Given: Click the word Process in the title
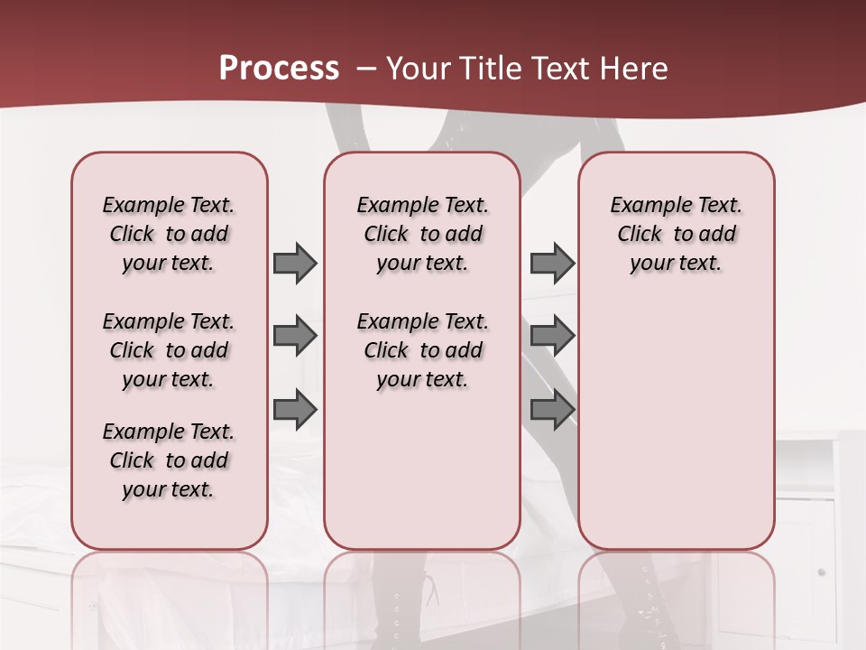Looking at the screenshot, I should point(279,69).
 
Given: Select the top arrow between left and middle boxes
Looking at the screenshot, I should point(295,263).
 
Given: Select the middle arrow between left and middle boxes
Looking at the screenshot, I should point(295,336).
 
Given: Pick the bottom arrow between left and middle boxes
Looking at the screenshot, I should point(295,410).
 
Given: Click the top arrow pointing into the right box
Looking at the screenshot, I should point(552,263).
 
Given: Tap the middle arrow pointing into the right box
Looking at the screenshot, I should point(552,336).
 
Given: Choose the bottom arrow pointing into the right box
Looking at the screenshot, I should point(552,410).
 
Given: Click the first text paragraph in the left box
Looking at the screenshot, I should point(169,234).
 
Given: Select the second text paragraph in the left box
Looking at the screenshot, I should point(169,350).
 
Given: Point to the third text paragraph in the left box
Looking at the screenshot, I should point(169,460).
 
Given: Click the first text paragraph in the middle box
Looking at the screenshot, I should point(422,234).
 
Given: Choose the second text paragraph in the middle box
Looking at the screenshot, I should point(422,350).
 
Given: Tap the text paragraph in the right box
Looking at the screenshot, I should point(676,234).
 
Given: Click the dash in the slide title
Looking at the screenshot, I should point(366,69).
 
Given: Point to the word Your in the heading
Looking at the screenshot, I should point(419,69).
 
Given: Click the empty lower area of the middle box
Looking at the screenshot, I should point(422,469).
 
